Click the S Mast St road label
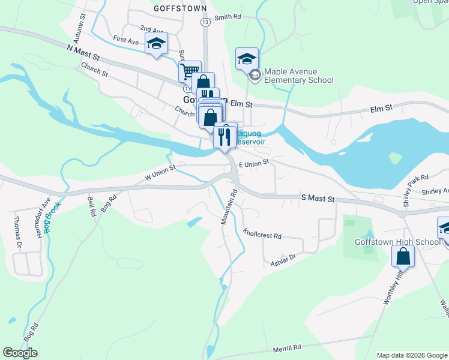pos(318,197)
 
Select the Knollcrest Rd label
pos(262,233)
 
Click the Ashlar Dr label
pos(283,257)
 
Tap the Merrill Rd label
pos(287,348)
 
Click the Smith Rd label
pos(227,17)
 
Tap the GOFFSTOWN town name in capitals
pos(180,8)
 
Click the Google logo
pos(20,353)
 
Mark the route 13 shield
pos(206,22)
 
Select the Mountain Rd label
pos(229,208)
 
